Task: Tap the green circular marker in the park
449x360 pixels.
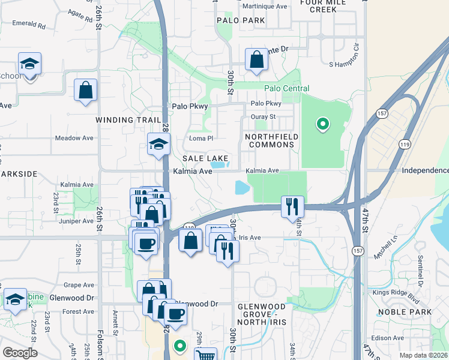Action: [322, 124]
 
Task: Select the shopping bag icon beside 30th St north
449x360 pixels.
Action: [256, 59]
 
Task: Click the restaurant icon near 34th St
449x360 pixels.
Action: [292, 206]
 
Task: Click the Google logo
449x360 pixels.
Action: [20, 353]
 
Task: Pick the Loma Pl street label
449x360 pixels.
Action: [201, 138]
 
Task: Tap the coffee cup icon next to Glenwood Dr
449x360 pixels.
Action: [175, 313]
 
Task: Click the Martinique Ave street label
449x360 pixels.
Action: [264, 6]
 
